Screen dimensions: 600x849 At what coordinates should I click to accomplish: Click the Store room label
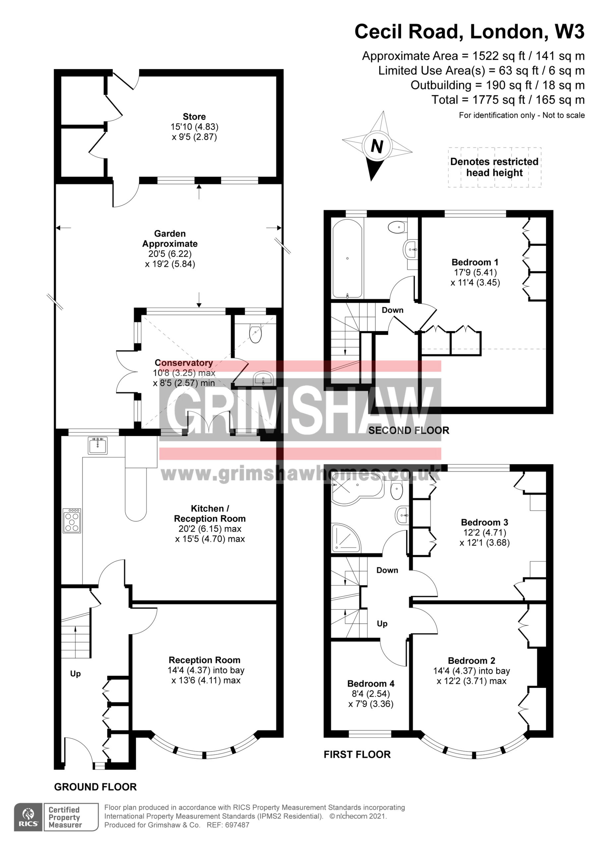point(194,116)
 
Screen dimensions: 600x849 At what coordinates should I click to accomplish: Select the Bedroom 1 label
point(475,262)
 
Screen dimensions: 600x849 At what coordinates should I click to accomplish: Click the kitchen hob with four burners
point(72,521)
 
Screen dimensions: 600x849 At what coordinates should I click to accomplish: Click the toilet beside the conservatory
point(256,334)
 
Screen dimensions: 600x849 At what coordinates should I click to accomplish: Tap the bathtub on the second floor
point(347,258)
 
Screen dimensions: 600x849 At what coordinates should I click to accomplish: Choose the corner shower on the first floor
point(346,538)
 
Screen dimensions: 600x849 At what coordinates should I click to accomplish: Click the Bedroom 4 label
point(371,683)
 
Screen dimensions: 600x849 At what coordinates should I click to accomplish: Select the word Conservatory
point(184,363)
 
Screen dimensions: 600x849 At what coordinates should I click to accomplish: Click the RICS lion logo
point(29,817)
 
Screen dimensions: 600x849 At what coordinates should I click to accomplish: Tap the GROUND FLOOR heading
point(95,787)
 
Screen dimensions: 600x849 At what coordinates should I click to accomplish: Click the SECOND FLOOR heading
point(408,430)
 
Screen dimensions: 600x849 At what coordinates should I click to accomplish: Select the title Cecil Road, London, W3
point(469,32)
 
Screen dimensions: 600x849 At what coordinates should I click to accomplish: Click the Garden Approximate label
point(170,238)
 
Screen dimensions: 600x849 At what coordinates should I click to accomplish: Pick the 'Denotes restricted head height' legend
point(494,167)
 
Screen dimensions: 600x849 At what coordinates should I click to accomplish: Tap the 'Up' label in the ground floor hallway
point(76,674)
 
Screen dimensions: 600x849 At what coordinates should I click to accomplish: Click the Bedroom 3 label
point(484,522)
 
